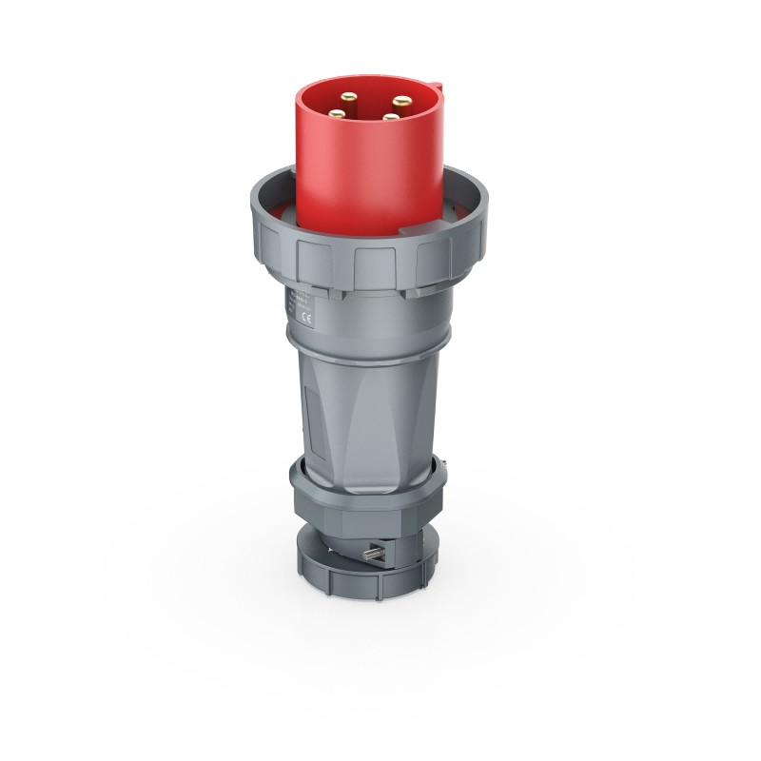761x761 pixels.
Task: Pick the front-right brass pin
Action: point(391,117)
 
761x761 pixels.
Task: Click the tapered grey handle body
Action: point(371,400)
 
